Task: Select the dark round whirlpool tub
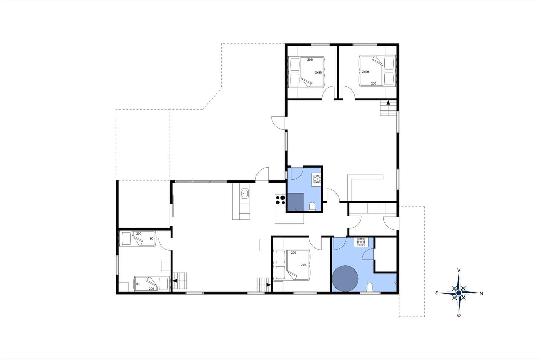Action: (x=345, y=279)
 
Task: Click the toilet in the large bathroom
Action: (x=370, y=288)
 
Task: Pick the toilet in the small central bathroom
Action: (x=312, y=207)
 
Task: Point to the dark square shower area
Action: (x=296, y=202)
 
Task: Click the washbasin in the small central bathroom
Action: (x=317, y=179)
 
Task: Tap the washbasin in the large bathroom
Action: (x=361, y=242)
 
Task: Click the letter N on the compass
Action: (x=481, y=294)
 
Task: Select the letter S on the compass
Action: (x=437, y=293)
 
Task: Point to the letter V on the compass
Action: (x=459, y=271)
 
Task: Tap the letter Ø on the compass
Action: (x=459, y=315)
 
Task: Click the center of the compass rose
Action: (x=459, y=293)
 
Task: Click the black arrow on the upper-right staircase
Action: (x=388, y=103)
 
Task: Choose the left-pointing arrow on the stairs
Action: (x=175, y=281)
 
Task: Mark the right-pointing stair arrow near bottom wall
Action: (x=268, y=285)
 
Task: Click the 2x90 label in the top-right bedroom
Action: (x=365, y=72)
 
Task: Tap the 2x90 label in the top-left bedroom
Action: (x=318, y=72)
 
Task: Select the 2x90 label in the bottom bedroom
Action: (x=304, y=265)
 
